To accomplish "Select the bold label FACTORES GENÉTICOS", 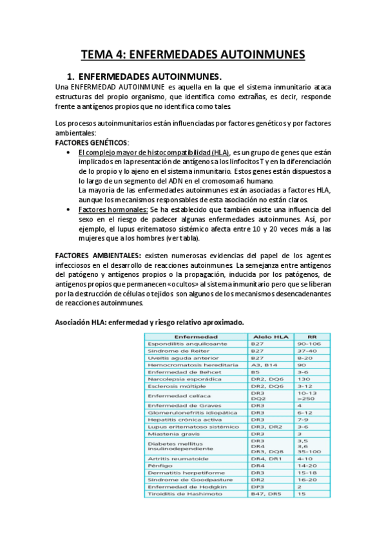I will coord(91,142).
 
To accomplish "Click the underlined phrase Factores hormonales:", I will coord(113,209).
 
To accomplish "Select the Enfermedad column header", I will coord(196,336).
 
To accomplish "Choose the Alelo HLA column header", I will coord(269,336).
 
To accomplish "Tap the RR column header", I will coord(312,336).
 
